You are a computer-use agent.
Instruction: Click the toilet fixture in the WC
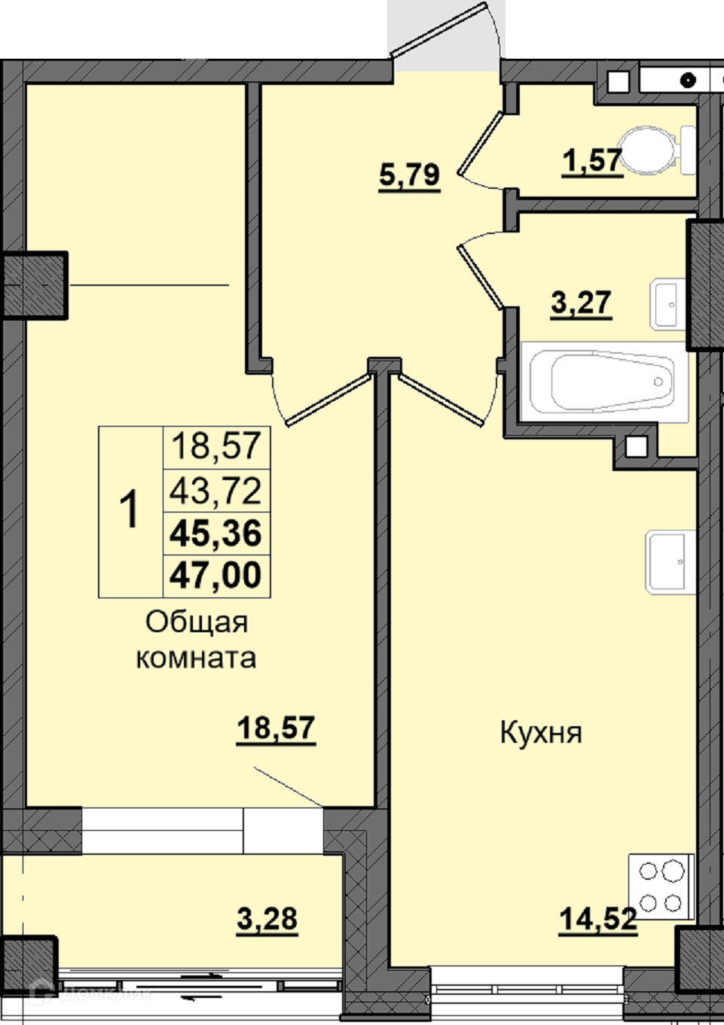tap(659, 150)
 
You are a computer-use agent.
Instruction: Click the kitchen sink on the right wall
tap(671, 562)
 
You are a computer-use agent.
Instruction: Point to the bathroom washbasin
tap(667, 304)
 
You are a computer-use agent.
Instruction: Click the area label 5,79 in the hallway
tap(410, 175)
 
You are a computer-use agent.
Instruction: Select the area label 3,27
tap(581, 303)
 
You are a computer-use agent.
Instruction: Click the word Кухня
tap(541, 732)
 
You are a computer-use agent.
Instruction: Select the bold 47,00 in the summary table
tap(215, 575)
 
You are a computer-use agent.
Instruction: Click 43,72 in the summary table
tap(215, 490)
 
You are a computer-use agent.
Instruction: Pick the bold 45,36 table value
tap(215, 533)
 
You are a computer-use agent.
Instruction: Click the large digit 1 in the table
tap(130, 509)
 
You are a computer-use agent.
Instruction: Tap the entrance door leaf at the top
tap(438, 29)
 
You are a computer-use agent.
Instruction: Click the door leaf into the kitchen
tap(441, 400)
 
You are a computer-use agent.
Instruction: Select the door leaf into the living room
tap(328, 400)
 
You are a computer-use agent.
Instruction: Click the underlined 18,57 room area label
tap(276, 729)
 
